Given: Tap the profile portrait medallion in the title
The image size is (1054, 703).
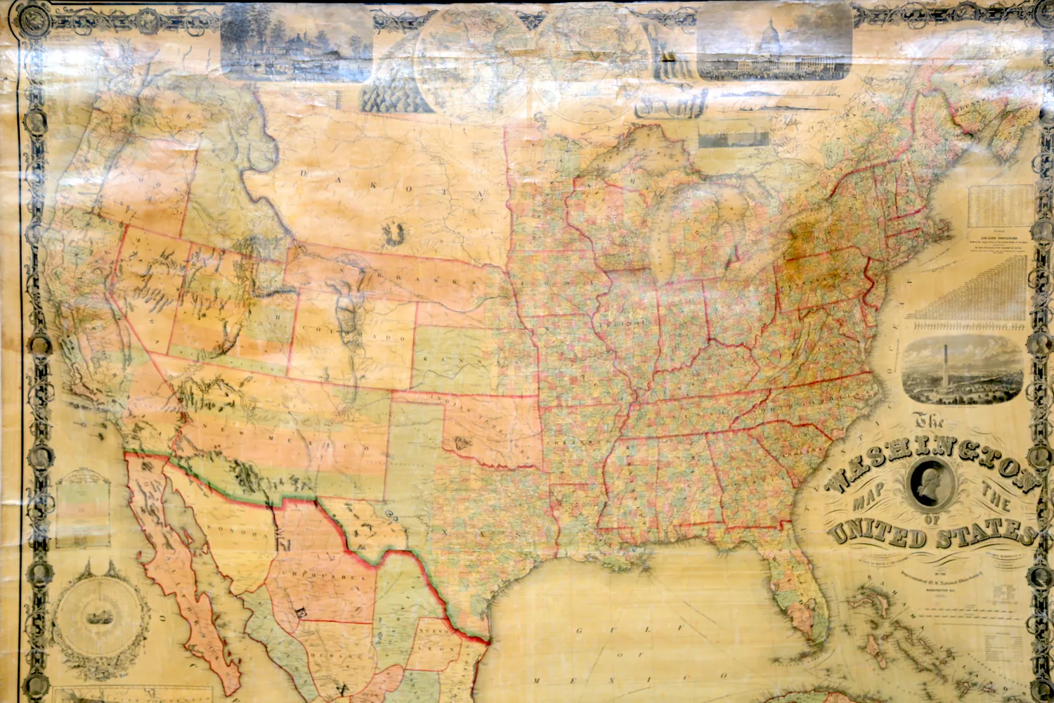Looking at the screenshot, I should coord(933,484).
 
